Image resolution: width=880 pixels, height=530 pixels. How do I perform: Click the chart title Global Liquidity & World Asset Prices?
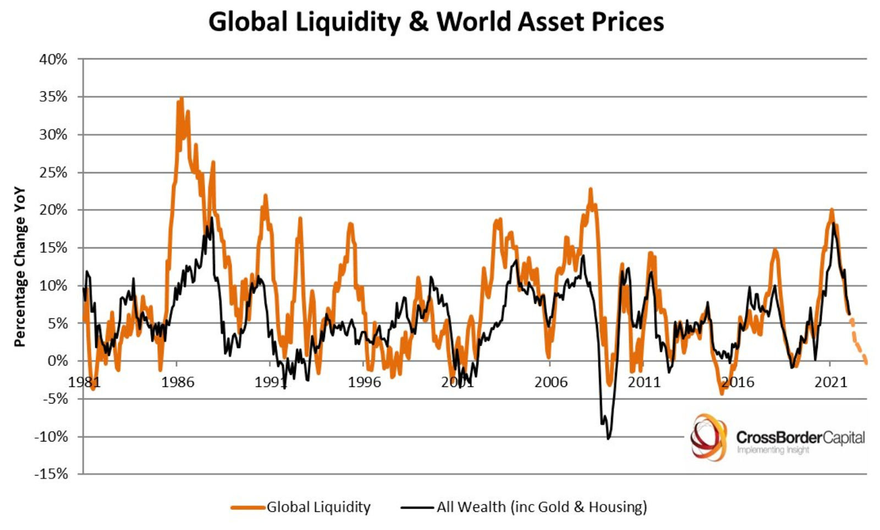point(436,22)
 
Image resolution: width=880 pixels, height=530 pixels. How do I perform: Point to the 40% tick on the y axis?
point(53,59)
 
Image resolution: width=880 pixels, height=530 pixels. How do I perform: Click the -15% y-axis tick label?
point(51,474)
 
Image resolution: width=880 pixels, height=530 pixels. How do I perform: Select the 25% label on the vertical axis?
point(53,173)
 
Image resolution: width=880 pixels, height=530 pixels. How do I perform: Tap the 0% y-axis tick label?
point(57,361)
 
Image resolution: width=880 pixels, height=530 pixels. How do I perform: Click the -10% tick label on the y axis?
point(51,437)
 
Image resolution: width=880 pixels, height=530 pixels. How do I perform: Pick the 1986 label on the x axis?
point(177,382)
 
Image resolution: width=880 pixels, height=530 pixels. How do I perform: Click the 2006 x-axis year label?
point(551,382)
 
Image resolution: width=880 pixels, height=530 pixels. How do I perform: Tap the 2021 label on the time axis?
point(831,382)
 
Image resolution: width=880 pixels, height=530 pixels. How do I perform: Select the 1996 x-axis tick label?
point(364,382)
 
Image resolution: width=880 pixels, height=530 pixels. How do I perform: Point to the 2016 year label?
point(738,382)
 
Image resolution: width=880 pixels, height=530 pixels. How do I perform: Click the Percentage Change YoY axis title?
point(20,266)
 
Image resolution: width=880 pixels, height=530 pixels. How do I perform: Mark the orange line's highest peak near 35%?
point(181,99)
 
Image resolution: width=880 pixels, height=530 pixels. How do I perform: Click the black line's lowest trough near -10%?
point(608,438)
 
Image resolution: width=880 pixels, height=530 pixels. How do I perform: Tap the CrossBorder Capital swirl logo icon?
point(708,438)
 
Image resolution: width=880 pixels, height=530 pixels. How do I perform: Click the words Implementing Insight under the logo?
point(773,450)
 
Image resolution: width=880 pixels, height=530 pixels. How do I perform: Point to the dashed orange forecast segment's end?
point(866,362)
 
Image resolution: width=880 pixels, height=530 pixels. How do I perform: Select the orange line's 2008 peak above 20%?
point(591,189)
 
